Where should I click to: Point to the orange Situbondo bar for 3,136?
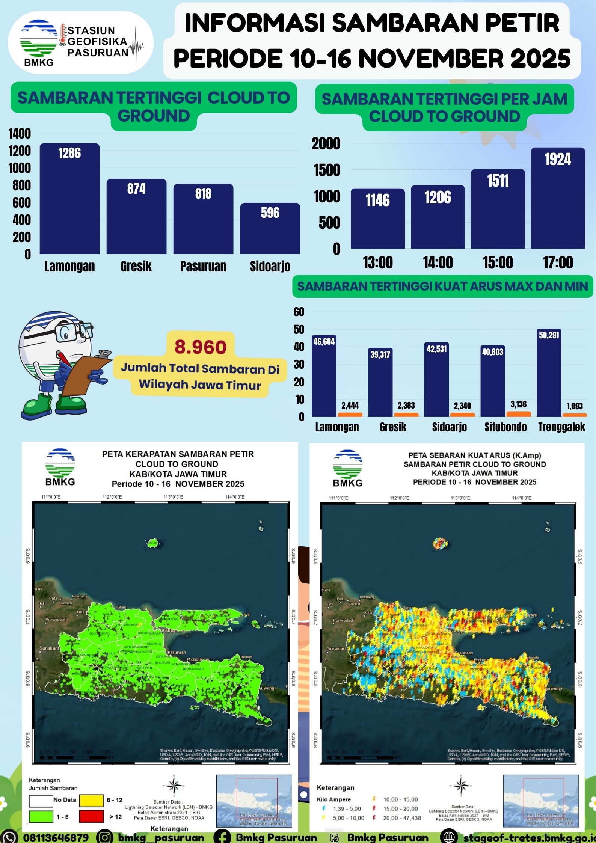[x=519, y=414]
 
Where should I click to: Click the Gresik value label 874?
[x=136, y=189]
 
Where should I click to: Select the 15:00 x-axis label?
[x=498, y=262]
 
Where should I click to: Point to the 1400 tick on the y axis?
[x=20, y=134]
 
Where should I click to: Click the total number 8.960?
[x=201, y=347]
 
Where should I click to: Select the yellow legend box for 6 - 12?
[x=91, y=800]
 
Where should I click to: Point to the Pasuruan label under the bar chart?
[x=203, y=266]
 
